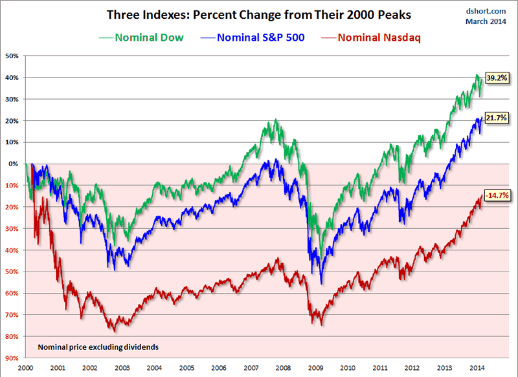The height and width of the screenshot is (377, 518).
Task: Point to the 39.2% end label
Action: (495, 78)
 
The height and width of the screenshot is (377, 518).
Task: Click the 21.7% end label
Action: (495, 118)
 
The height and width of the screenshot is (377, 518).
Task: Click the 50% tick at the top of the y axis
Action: (12, 56)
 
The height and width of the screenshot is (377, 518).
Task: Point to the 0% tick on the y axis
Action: (14, 164)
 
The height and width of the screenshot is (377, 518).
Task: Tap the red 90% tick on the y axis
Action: (12, 358)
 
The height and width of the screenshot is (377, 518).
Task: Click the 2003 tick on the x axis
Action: (122, 367)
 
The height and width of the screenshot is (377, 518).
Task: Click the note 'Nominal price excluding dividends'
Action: (98, 347)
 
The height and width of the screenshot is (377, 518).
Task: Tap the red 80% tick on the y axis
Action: (12, 336)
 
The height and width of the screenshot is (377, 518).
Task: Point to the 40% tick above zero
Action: (12, 78)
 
